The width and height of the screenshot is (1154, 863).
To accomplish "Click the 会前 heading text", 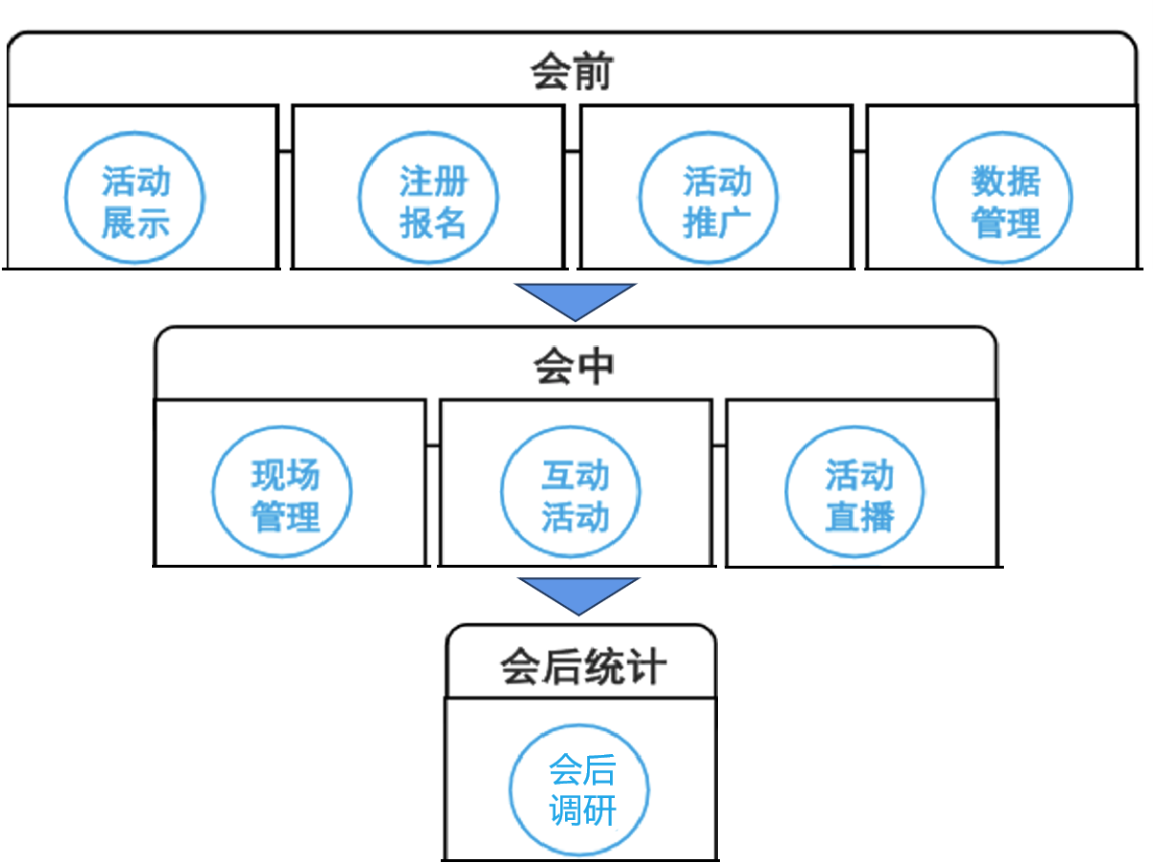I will (x=571, y=73).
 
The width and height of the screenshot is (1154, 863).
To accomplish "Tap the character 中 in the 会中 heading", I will (x=596, y=366).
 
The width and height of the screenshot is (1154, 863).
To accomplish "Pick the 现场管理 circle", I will (x=282, y=493).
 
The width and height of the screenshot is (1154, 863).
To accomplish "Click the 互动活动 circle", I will (x=571, y=493).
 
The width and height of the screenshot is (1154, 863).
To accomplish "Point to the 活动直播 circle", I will (x=856, y=493).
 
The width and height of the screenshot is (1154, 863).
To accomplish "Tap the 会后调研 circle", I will (x=579, y=790).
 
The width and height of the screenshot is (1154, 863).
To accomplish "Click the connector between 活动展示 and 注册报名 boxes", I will (x=285, y=150).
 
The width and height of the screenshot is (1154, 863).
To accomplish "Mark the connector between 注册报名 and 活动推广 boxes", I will (x=572, y=150).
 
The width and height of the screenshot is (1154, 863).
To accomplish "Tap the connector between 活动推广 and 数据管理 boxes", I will (x=859, y=150).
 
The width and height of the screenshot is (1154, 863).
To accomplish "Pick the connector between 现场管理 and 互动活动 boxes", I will (x=432, y=444).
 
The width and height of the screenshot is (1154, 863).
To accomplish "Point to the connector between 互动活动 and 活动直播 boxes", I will (x=719, y=444).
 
